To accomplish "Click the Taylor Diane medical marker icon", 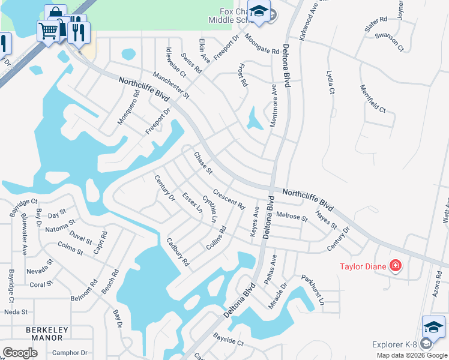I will point(396,265).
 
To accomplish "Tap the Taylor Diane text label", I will point(363,266).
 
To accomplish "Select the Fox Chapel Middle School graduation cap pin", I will point(259,12).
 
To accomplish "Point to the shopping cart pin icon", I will point(48,30).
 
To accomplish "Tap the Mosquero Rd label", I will point(128,107).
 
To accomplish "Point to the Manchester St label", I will point(170,85).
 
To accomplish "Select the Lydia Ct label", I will point(330,82).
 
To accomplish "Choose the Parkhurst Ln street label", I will point(313,289).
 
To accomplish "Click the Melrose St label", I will point(292,216).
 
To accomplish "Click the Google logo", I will point(20,353).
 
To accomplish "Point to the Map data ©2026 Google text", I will point(412,355).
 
